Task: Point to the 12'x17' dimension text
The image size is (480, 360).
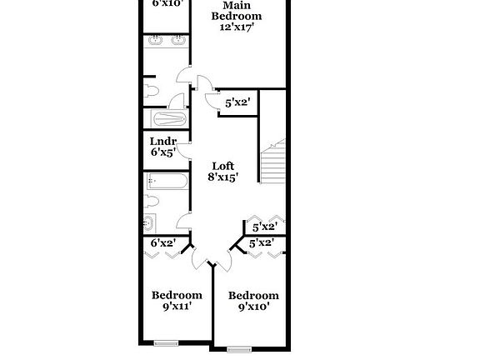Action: click(x=236, y=27)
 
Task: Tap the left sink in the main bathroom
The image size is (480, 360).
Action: click(x=155, y=39)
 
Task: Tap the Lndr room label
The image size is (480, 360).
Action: click(x=163, y=141)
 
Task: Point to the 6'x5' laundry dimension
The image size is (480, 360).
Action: click(x=163, y=152)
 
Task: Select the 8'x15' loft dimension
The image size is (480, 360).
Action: click(x=223, y=177)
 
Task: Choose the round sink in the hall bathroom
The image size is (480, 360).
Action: click(x=149, y=222)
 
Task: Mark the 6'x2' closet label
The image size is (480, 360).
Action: click(x=162, y=242)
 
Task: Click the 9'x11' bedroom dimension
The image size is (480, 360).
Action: click(x=177, y=307)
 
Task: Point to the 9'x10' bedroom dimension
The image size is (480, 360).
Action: click(x=253, y=307)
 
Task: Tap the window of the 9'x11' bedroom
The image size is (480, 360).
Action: click(x=166, y=342)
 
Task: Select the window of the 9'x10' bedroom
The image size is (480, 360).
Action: click(x=240, y=347)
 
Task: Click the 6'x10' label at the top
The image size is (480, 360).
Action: click(x=167, y=3)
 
